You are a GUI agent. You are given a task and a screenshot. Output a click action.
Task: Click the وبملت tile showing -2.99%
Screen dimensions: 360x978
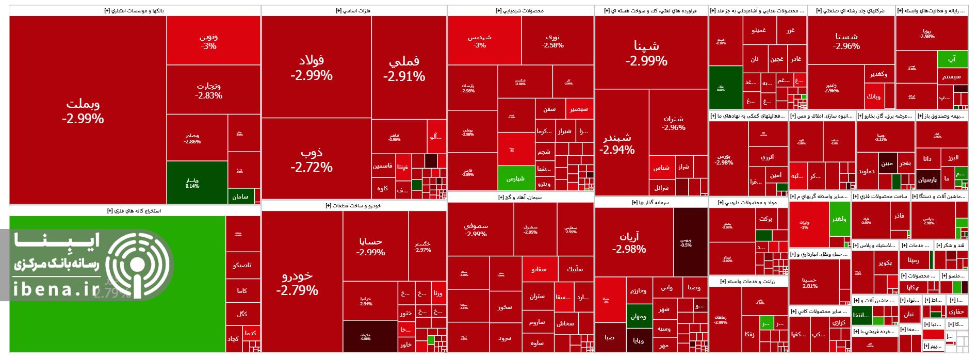click(x=83, y=111)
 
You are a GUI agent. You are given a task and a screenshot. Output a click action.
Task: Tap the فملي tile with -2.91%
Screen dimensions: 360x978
click(x=404, y=68)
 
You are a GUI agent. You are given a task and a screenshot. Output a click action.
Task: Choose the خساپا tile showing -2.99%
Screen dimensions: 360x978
click(x=370, y=247)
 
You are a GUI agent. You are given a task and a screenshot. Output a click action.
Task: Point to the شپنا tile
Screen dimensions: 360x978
click(x=646, y=53)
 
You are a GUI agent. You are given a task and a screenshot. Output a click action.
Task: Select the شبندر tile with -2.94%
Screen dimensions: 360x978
click(x=617, y=144)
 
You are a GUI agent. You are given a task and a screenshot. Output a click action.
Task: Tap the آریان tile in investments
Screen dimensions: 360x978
click(x=629, y=242)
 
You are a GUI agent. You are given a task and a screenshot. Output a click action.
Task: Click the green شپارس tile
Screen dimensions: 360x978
click(x=515, y=178)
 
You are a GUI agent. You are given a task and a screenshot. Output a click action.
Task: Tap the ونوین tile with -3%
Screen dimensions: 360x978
click(x=208, y=41)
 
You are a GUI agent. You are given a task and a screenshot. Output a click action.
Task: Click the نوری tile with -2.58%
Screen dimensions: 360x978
click(x=552, y=41)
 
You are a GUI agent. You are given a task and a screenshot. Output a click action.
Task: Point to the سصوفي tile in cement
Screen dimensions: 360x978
click(x=476, y=230)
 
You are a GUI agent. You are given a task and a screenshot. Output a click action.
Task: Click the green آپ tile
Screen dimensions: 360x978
click(x=952, y=59)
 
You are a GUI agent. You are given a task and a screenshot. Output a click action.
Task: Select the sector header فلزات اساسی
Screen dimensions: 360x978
click(x=353, y=10)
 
